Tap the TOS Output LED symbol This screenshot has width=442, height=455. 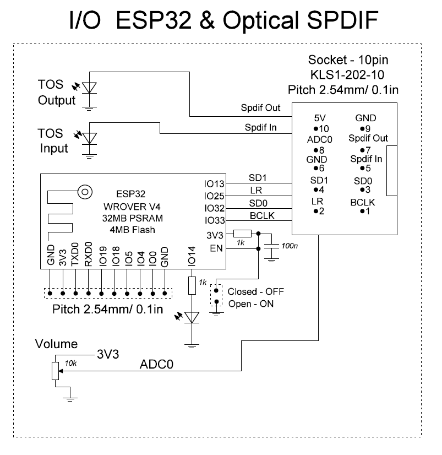coord(89,89)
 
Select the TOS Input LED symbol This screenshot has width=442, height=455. coord(89,137)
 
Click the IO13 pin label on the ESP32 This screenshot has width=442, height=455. coord(214,184)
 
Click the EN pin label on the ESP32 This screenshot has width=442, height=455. coord(217,249)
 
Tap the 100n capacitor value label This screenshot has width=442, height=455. coord(289,245)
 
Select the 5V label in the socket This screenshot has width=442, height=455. coord(320,118)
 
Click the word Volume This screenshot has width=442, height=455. coord(56,344)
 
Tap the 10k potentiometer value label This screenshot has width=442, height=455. coord(70,362)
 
